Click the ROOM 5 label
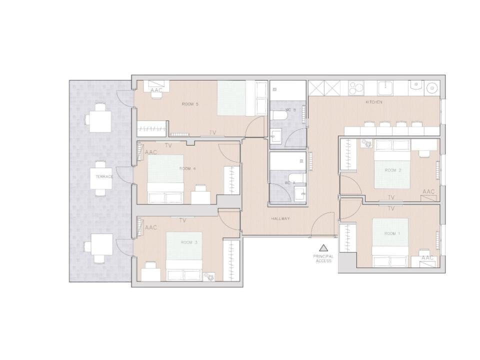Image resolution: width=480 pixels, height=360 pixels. pyautogui.click(x=190, y=104)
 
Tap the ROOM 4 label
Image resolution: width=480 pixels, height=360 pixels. pyautogui.click(x=187, y=168)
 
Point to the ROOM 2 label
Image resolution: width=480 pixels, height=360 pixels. pyautogui.click(x=393, y=170)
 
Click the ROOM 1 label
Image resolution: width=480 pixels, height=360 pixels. pyautogui.click(x=392, y=234)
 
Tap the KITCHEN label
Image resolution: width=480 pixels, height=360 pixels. pyautogui.click(x=373, y=102)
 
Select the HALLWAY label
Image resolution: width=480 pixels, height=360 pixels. pyautogui.click(x=280, y=219)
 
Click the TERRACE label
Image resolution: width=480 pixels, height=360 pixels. pyautogui.click(x=105, y=176)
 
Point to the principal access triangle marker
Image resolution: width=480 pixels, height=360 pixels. pyautogui.click(x=323, y=247)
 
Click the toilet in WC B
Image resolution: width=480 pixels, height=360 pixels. pyautogui.click(x=278, y=116)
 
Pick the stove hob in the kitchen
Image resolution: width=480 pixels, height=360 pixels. pyautogui.click(x=355, y=88)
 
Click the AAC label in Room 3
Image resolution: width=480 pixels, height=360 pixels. pyautogui.click(x=150, y=227)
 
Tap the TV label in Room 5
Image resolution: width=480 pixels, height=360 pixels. pyautogui.click(x=212, y=133)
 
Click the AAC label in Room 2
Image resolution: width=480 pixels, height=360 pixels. pyautogui.click(x=428, y=191)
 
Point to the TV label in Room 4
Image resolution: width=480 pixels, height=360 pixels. pyautogui.click(x=168, y=145)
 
